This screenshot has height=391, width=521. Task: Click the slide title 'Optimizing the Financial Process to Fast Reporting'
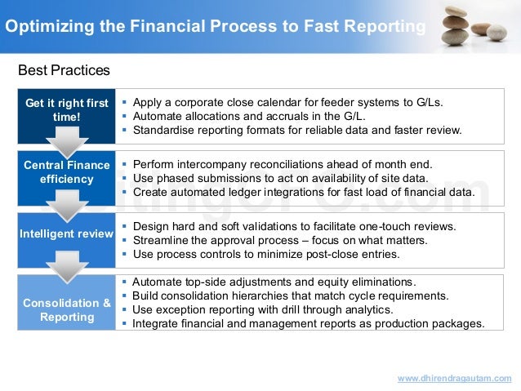click(214, 26)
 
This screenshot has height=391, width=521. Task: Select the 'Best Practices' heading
click(64, 71)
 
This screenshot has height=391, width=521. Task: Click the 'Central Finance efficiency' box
click(66, 171)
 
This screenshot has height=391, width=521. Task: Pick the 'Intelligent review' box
click(66, 234)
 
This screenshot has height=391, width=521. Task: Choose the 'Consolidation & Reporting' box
click(66, 309)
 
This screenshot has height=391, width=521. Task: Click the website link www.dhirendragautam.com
click(454, 378)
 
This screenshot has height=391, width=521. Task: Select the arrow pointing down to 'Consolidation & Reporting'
click(66, 265)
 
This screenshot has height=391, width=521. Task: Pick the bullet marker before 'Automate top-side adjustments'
click(123, 281)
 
